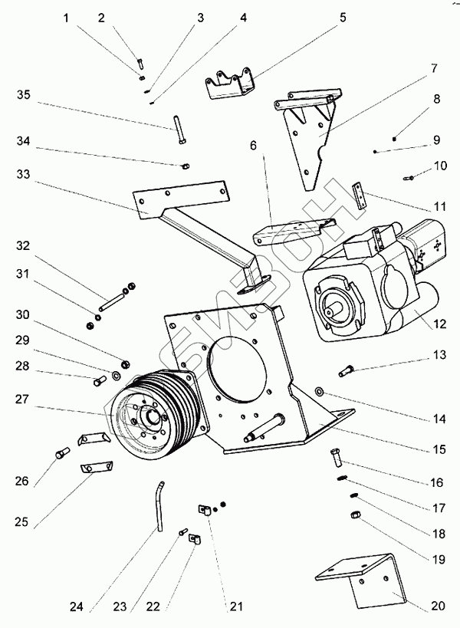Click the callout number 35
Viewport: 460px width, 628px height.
click(24, 95)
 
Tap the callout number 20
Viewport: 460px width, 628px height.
click(438, 606)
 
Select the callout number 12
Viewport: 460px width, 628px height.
click(439, 324)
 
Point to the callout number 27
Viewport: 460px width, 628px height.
click(22, 399)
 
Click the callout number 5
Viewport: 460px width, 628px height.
click(343, 18)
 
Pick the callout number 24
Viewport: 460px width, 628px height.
click(76, 607)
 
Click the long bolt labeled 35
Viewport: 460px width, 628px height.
click(179, 130)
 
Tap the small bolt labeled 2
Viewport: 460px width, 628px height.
click(140, 64)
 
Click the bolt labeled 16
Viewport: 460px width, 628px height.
click(335, 458)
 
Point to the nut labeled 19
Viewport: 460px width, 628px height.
click(355, 515)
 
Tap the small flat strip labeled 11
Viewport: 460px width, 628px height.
click(359, 195)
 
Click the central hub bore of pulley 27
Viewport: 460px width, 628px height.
click(153, 418)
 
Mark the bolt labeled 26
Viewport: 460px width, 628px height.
click(61, 453)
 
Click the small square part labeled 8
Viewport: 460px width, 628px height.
click(394, 139)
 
